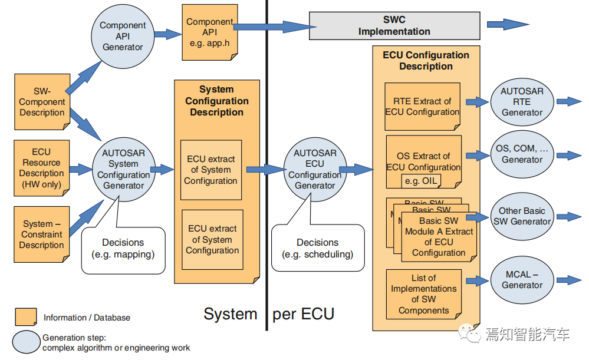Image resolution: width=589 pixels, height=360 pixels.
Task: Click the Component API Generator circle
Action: tap(123, 37)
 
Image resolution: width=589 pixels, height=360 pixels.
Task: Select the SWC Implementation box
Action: tap(394, 25)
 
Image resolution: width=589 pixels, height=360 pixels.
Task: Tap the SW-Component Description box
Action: tap(42, 102)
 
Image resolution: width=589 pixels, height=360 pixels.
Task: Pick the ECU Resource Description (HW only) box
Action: tap(42, 168)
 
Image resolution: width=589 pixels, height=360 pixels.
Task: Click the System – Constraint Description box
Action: tap(42, 235)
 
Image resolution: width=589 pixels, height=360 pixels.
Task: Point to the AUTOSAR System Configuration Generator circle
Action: tap(124, 169)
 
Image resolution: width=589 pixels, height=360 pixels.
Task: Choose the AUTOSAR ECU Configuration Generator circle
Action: tap(315, 169)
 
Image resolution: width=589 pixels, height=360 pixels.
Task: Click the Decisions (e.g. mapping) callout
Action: tap(123, 250)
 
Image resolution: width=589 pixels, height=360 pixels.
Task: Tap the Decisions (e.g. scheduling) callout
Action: tap(318, 248)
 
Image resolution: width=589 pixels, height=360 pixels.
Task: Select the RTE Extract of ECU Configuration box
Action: tap(423, 107)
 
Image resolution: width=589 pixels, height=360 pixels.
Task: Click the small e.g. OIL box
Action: tap(421, 181)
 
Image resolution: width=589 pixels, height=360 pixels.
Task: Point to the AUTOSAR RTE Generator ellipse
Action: tap(522, 102)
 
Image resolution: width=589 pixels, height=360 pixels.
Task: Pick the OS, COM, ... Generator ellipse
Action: tap(522, 154)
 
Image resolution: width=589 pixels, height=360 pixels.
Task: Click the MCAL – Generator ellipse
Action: tap(522, 280)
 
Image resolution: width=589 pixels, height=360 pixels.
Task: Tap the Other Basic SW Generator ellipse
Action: tap(522, 216)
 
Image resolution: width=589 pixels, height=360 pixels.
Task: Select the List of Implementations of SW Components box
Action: tap(424, 295)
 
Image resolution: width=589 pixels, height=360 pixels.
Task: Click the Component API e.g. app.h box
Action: tap(210, 32)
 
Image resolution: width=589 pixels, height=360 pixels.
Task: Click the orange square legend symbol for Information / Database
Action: tap(26, 317)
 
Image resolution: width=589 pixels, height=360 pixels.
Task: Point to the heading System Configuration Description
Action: tap(217, 101)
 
